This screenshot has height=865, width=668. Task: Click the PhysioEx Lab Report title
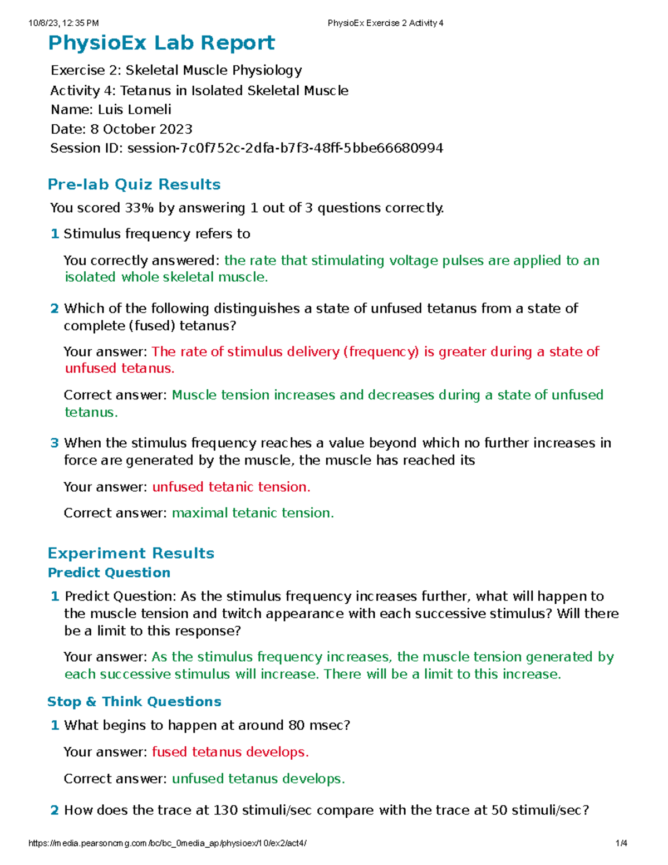tap(161, 43)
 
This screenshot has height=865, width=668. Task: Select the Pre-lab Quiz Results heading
tap(134, 184)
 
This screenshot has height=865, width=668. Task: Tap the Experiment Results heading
tap(131, 553)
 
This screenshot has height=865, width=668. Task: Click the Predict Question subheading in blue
tap(109, 573)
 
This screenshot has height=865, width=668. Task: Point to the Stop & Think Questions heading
tap(134, 701)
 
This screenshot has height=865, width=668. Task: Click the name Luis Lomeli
tap(134, 110)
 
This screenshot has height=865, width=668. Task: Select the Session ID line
tap(247, 148)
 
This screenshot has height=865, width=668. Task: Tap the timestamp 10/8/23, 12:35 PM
tap(63, 23)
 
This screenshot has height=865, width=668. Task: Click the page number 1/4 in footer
tap(621, 843)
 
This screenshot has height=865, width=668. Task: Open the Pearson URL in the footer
tap(167, 843)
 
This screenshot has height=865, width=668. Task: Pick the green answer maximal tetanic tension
tap(253, 513)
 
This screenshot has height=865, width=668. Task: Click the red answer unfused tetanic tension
tap(231, 487)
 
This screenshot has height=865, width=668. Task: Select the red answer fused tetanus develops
tap(230, 752)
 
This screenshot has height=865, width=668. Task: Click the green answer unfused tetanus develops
tap(258, 779)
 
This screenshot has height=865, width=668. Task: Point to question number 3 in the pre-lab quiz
tap(55, 443)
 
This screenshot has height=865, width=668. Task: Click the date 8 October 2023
tap(141, 129)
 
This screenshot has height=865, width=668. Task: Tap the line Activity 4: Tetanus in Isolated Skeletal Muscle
tap(199, 91)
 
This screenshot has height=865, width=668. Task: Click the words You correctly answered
tap(142, 261)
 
